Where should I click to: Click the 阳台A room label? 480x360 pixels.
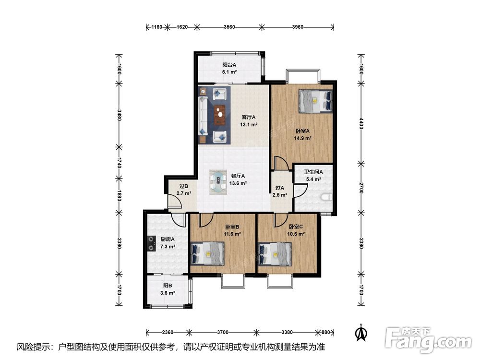pos(229,65)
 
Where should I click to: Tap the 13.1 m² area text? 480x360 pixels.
pos(248,125)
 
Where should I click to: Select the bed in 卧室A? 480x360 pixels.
pos(315,101)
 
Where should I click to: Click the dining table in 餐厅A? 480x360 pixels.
pos(218,182)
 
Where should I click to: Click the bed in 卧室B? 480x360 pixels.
pos(207,253)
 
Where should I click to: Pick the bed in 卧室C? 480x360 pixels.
pos(274,254)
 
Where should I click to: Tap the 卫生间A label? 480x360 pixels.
pos(313,172)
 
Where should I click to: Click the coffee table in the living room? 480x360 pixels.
pos(219,115)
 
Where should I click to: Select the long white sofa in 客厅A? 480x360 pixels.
pos(203,116)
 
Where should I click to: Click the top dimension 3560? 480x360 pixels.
pos(229,27)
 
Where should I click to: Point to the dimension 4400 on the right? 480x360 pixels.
pos(361,123)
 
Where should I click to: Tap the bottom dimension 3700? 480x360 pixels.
pos(223,332)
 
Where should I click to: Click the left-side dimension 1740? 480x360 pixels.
pos(119,163)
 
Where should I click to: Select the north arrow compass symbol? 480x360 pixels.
pos(361,333)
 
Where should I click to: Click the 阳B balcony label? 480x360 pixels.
pos(168,286)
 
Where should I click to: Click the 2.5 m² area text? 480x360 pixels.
pos(280,195)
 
